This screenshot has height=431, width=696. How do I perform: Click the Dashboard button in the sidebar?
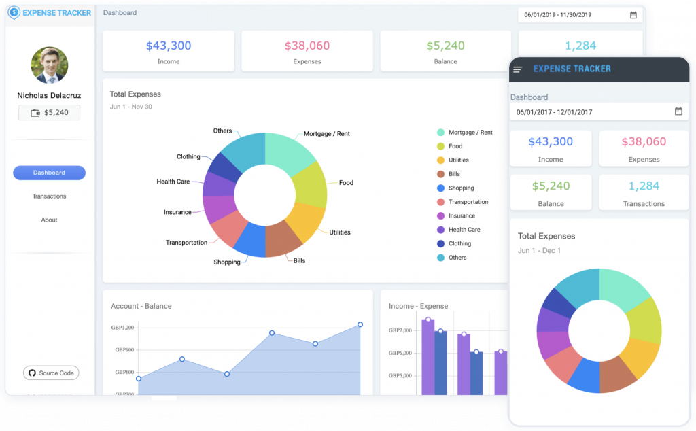point(49,173)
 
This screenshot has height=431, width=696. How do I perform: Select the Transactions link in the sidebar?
point(49,196)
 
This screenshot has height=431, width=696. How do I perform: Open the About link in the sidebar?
point(49,220)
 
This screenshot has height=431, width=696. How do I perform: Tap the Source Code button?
point(51,373)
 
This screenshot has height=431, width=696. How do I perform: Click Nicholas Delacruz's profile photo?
point(50,65)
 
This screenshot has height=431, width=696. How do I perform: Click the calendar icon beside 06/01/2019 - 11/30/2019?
point(633,15)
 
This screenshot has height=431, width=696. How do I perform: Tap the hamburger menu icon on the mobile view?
point(518,69)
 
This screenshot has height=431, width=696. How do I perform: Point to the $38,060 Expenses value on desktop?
point(307,46)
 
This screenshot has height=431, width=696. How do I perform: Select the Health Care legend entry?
point(464,230)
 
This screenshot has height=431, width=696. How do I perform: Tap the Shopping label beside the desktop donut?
point(227,262)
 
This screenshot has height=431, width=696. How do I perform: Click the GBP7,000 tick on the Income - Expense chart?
point(400,331)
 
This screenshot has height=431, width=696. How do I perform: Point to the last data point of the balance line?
point(360,324)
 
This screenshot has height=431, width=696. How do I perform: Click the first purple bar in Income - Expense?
point(428,357)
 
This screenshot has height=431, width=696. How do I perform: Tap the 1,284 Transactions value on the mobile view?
point(644,186)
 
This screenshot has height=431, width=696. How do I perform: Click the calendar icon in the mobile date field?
point(678,111)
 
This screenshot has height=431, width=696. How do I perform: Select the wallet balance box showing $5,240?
point(49,113)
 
